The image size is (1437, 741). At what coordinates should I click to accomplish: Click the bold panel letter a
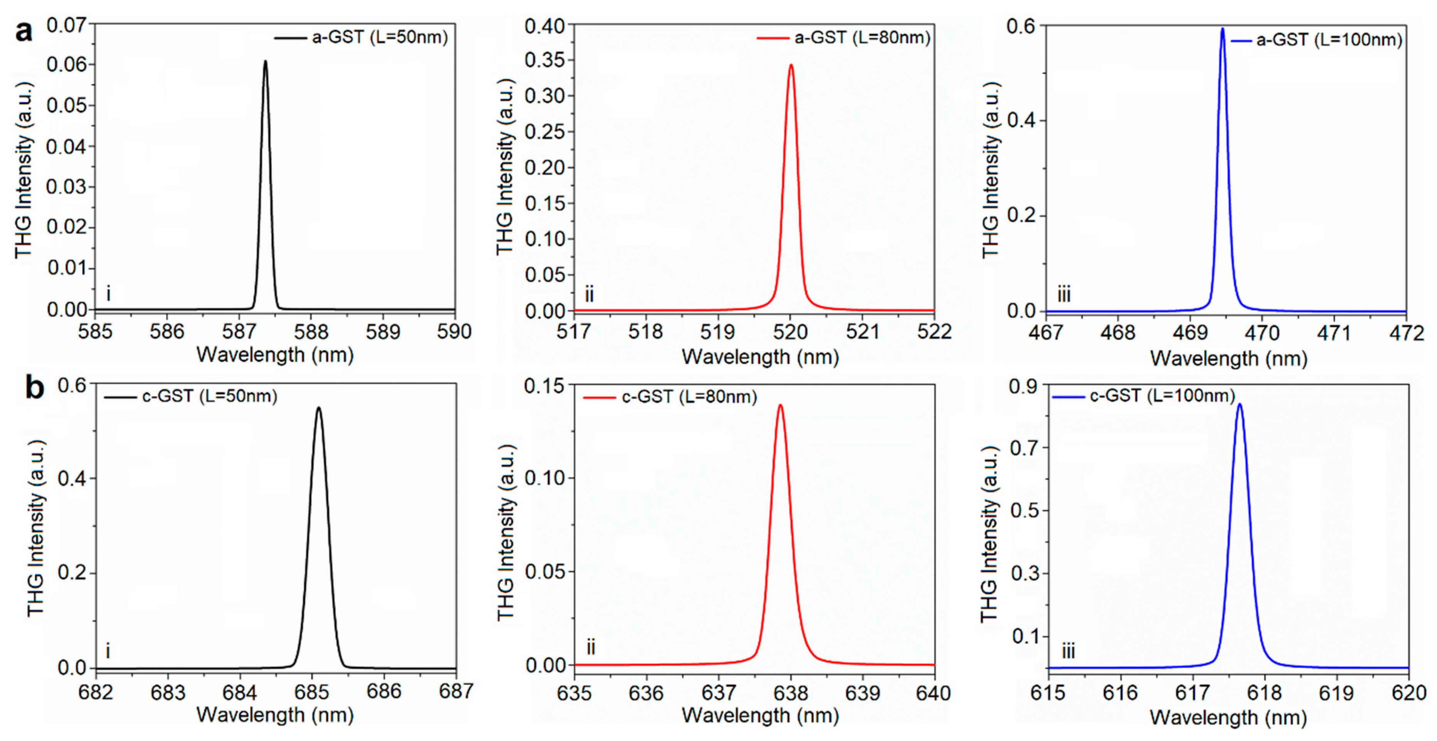tap(24, 32)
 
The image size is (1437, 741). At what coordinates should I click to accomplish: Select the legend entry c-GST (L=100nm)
tap(1163, 396)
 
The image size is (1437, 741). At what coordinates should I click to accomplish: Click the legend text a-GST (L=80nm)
tap(862, 38)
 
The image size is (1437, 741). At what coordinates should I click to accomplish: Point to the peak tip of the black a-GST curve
tap(266, 61)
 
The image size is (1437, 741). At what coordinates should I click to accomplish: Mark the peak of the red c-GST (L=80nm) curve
tap(781, 405)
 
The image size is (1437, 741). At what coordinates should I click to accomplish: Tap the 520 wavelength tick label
tap(790, 332)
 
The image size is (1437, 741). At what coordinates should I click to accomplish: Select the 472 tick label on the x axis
tap(1406, 334)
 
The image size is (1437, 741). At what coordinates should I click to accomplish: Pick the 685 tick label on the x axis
tap(312, 692)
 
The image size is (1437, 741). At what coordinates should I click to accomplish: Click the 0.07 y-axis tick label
tap(67, 25)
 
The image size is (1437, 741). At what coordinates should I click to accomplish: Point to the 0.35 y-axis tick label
tap(545, 60)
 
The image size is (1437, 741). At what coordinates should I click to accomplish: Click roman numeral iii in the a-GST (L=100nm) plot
tap(1064, 294)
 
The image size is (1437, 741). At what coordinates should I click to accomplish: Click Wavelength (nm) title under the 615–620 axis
tap(1228, 717)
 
